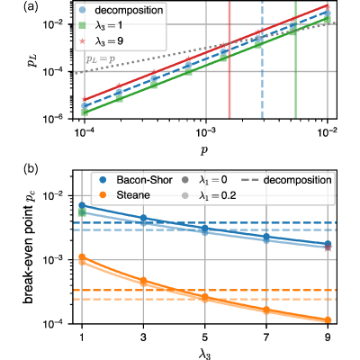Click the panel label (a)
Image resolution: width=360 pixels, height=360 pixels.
(x=31, y=7)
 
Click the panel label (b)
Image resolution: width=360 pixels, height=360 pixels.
(x=31, y=169)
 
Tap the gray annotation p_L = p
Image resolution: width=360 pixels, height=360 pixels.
(x=101, y=58)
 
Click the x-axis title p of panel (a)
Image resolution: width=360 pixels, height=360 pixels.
(x=204, y=150)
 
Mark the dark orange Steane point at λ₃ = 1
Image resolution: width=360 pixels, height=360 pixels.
(x=82, y=256)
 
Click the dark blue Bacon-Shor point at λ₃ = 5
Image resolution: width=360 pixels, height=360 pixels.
(x=204, y=229)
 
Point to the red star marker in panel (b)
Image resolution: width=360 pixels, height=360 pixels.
(x=328, y=247)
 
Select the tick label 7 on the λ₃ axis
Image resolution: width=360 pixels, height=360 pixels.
(x=266, y=338)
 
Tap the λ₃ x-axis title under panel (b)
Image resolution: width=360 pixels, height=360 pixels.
(x=204, y=354)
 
